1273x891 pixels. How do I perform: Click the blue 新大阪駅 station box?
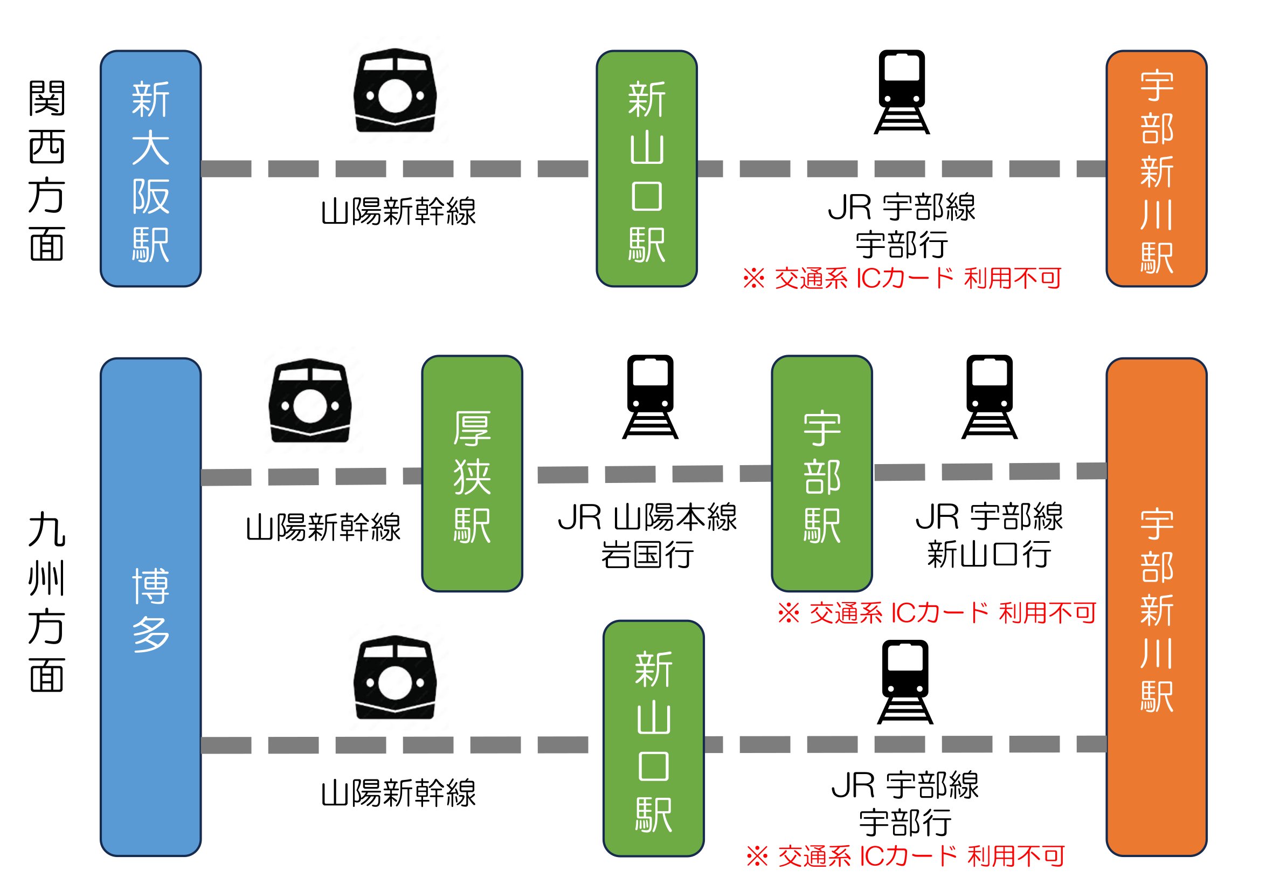[x=150, y=169]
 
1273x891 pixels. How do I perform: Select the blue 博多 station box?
[x=150, y=607]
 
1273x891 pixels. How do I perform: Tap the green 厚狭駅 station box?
[x=472, y=473]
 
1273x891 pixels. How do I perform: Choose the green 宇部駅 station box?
[x=822, y=473]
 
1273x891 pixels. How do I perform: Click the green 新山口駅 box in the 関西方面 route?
[x=647, y=169]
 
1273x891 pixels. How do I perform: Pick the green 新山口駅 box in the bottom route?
[x=653, y=738]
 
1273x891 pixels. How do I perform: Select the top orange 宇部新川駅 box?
[x=1157, y=169]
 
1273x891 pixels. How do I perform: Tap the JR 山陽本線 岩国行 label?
[x=647, y=536]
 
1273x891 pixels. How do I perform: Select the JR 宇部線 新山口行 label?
[x=989, y=536]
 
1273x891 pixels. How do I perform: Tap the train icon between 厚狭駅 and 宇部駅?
[x=651, y=397]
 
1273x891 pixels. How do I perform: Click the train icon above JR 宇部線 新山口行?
[x=989, y=397]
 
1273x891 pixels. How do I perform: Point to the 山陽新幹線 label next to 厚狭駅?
[x=323, y=527]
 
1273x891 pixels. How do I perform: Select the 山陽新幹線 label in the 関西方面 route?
[x=398, y=212]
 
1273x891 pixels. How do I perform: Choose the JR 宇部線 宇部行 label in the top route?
[x=902, y=226]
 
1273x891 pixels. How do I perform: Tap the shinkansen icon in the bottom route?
[x=395, y=677]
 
